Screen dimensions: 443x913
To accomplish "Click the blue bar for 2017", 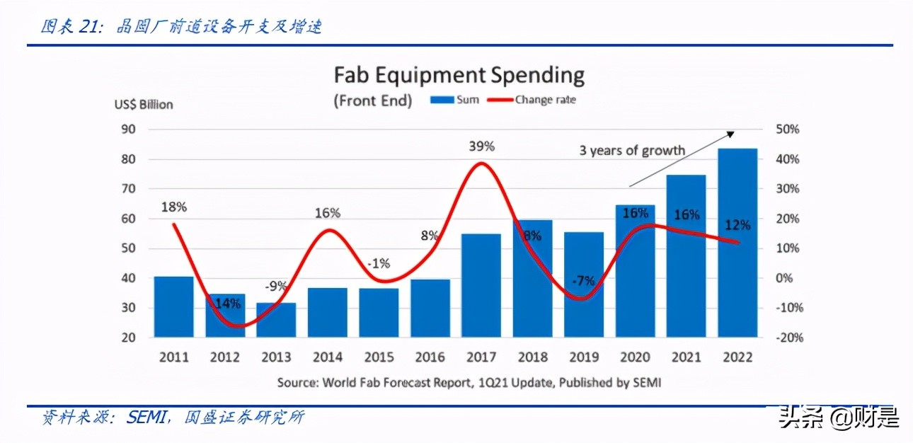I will point(481,285).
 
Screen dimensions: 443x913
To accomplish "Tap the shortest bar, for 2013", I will point(276,320).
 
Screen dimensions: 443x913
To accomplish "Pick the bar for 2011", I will point(173,306).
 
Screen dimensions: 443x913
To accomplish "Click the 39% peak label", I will point(481,146).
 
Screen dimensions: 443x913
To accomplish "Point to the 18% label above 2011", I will point(173,207).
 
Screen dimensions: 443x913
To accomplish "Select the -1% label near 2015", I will point(379,263).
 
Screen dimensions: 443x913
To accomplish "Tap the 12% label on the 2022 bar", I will point(737,225).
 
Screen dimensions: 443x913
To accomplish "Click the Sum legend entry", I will point(456,100).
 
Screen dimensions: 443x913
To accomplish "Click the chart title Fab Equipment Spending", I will point(459,75).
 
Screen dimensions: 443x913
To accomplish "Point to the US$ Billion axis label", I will point(144,104).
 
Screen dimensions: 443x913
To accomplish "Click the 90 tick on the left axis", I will point(127,130).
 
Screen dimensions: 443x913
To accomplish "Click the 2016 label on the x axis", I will point(430,357).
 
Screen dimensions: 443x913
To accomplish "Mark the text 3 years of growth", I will point(632,150).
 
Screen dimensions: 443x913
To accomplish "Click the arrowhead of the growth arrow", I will point(732,133).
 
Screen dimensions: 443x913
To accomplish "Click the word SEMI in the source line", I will point(648,382).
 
